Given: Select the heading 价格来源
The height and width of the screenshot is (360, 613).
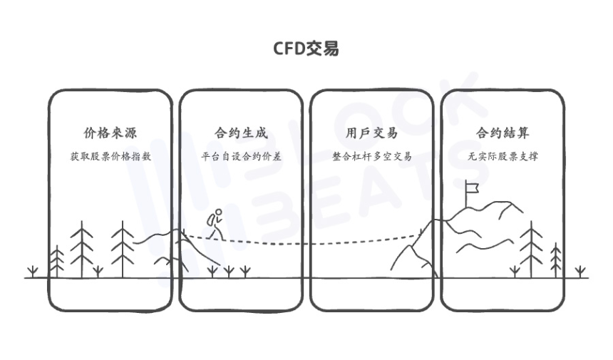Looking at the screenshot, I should tap(110, 133).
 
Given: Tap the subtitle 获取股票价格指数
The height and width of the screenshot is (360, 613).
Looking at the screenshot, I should tap(110, 156).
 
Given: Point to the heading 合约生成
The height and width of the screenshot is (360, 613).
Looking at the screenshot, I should tap(241, 133).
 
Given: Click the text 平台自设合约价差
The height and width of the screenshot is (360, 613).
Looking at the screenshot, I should tap(241, 156).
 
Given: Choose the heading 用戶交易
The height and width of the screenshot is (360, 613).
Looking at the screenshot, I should tap(371, 133).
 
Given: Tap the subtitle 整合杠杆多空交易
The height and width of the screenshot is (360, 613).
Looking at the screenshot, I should tap(371, 156).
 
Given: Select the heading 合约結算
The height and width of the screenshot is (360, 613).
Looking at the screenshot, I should tap(503, 133).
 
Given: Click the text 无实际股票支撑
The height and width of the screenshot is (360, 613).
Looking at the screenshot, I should tap(503, 156).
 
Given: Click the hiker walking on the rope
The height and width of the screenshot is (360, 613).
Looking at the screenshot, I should tap(216, 225).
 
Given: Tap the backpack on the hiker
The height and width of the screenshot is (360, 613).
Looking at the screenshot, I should tap(212, 220).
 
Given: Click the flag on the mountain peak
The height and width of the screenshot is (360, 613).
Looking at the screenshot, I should tap(471, 187).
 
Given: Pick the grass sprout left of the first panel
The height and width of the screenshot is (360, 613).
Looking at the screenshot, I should tap(31, 271).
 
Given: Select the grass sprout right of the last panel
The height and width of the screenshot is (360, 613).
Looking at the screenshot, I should tap(581, 271).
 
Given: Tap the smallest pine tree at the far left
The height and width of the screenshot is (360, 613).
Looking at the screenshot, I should tap(56, 260).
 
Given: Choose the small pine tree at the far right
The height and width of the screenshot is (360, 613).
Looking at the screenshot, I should tap(557, 259).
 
